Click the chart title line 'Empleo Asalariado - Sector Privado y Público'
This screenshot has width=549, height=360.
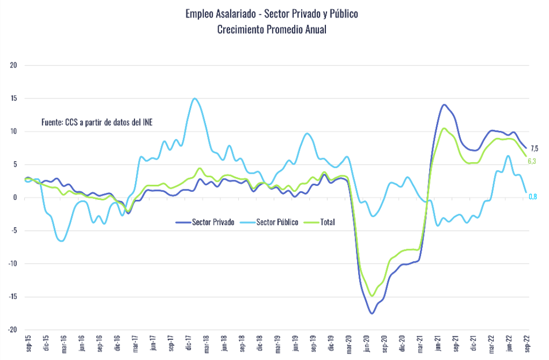[x=271, y=14]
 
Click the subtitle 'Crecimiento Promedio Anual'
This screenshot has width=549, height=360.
[x=271, y=30]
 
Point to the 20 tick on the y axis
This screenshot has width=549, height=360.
[x=14, y=65]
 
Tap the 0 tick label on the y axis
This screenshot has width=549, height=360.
[x=15, y=198]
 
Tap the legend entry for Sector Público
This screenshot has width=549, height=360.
[x=269, y=222]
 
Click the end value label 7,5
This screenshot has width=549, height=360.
[x=534, y=148]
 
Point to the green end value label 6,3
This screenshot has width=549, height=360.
[x=531, y=161]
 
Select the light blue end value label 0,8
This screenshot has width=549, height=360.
[x=532, y=196]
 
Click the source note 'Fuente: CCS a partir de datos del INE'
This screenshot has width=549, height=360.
[x=100, y=122]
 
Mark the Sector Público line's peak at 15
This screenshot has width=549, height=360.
[x=194, y=99]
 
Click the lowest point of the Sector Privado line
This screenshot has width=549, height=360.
[x=372, y=313]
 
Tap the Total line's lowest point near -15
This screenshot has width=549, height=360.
[x=372, y=296]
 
